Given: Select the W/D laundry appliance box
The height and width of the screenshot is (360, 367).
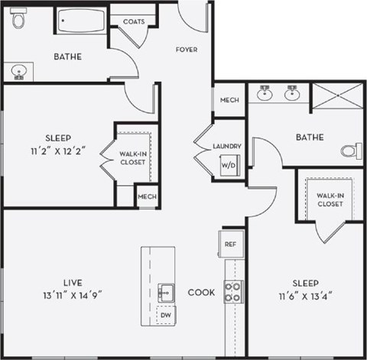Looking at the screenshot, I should pos(229,164).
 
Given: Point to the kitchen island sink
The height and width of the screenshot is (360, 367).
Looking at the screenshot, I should pos(166,291).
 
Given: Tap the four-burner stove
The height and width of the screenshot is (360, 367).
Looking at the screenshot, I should pos(233,291).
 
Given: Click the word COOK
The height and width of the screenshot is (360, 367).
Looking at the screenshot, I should pos(201,292).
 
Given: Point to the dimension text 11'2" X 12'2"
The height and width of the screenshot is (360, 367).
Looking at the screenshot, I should pos(56,149).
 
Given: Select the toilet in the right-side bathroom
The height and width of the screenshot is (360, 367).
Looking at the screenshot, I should pos(350,150).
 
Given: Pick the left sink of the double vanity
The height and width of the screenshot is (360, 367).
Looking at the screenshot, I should pos(265,95).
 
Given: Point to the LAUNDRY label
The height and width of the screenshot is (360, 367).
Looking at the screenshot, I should pos(228,146).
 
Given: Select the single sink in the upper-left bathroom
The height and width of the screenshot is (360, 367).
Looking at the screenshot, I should pos(19,72).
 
